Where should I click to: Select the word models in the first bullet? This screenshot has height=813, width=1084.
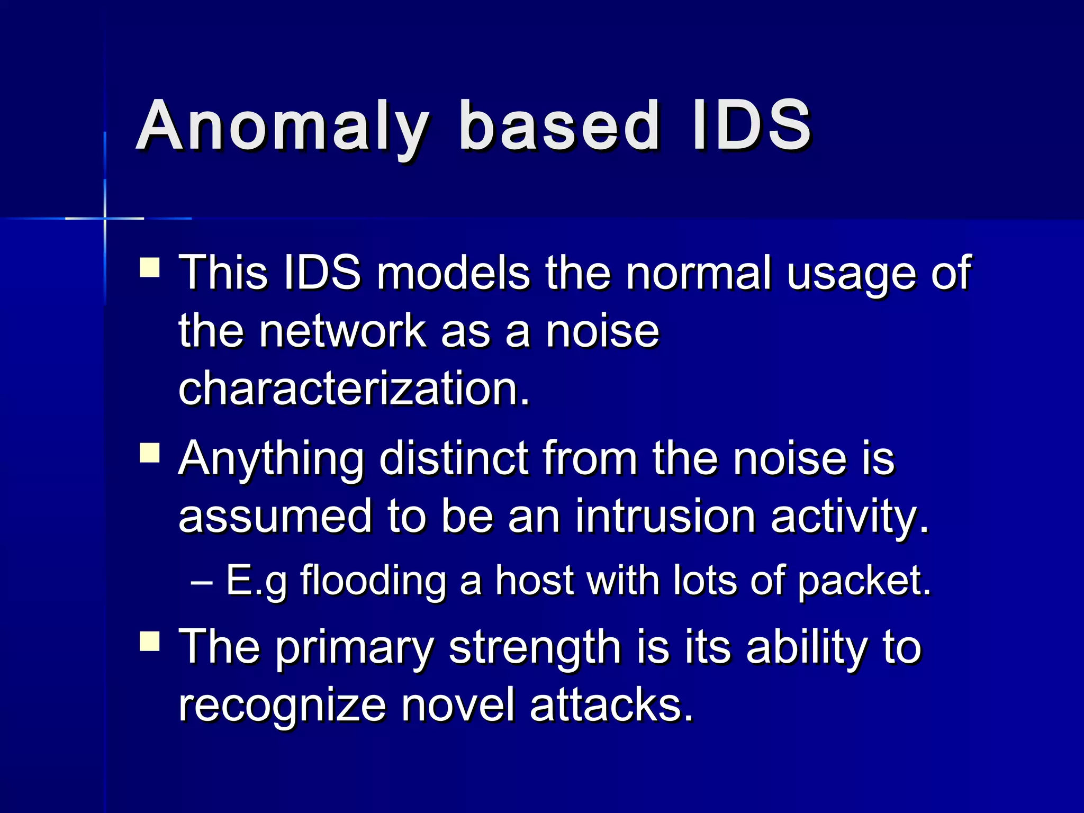pos(453,273)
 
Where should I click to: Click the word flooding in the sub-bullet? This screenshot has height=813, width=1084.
pos(374,581)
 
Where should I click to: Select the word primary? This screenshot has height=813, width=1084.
pos(355,648)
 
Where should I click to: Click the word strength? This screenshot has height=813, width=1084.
pos(535,648)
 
